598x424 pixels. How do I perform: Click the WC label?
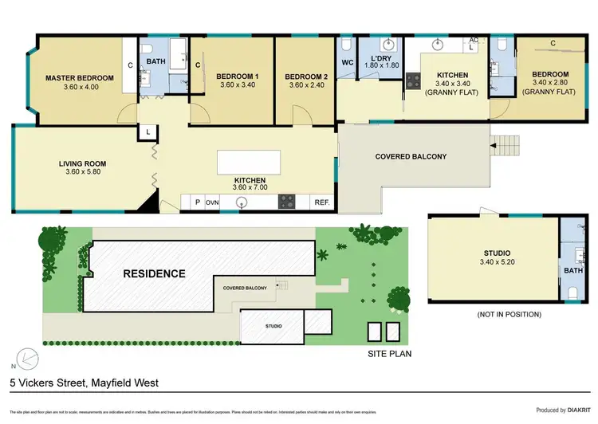[347, 61]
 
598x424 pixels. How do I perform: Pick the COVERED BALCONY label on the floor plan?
[411, 156]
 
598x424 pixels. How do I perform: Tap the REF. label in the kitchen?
[322, 202]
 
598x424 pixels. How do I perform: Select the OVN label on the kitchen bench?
[212, 202]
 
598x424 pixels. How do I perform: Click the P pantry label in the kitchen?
[197, 202]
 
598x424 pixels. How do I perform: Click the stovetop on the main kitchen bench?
[287, 202]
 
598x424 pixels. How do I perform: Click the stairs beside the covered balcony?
[507, 145]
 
